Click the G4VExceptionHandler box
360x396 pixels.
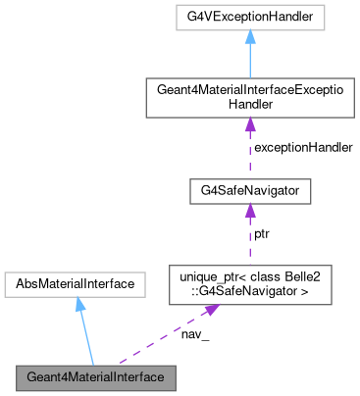[x=250, y=18]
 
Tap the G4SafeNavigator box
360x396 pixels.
[x=250, y=190]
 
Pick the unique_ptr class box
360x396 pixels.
[x=250, y=284]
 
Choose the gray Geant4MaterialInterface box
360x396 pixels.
[x=96, y=376]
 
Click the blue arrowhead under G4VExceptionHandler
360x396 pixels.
[x=250, y=37]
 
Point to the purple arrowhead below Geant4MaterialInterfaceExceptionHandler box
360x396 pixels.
[x=250, y=123]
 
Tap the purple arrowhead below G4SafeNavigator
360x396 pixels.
[x=250, y=210]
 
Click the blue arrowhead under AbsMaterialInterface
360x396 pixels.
[x=79, y=306]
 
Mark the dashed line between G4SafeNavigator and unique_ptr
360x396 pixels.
[x=250, y=240]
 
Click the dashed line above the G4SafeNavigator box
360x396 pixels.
[x=250, y=152]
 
